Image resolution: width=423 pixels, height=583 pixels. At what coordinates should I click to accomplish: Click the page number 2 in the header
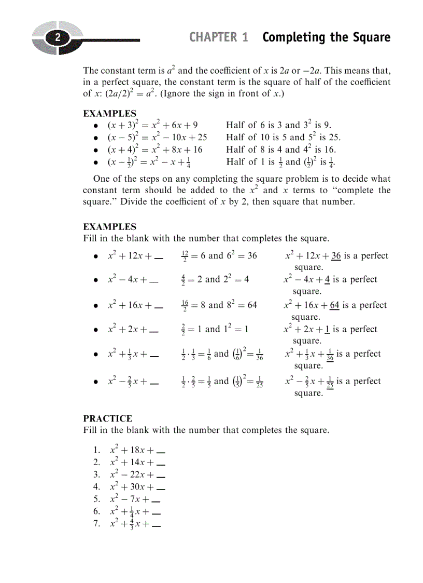[x=58, y=38]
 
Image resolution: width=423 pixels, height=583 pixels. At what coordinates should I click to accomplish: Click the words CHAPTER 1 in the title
[x=218, y=37]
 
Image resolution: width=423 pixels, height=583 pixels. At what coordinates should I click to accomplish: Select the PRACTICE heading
[x=108, y=418]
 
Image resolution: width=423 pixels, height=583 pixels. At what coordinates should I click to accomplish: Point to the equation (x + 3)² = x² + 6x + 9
[x=152, y=125]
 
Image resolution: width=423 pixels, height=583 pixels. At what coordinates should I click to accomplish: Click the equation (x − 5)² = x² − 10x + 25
[x=157, y=138]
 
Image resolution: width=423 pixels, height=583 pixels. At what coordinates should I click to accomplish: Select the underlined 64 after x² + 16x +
[x=334, y=305]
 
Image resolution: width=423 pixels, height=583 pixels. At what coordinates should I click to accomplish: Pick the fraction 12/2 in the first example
[x=186, y=256]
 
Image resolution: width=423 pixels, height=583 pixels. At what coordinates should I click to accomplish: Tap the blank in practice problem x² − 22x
[x=161, y=475]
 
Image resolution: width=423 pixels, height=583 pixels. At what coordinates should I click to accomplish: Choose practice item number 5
[x=97, y=499]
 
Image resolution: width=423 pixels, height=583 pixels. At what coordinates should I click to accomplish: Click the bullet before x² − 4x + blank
[x=96, y=280]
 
